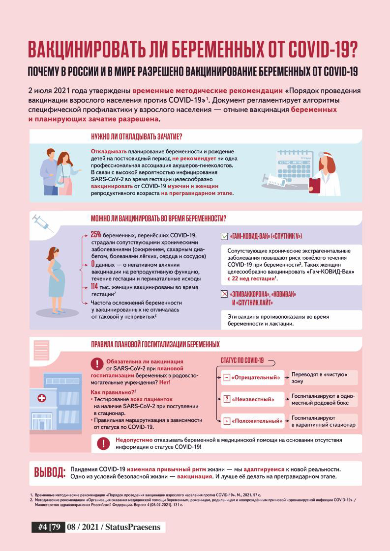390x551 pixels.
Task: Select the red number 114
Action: coord(95,286)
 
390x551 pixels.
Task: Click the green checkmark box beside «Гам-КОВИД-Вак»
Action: coord(224,236)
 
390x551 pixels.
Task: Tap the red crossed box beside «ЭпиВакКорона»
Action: coord(224,294)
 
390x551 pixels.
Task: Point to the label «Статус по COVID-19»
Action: coord(240,360)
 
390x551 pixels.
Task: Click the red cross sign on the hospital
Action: coord(41,398)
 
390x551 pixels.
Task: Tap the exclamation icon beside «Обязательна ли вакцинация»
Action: coord(97,364)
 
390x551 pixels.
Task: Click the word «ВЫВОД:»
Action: coord(49,472)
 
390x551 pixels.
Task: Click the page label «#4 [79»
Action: coord(49,527)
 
